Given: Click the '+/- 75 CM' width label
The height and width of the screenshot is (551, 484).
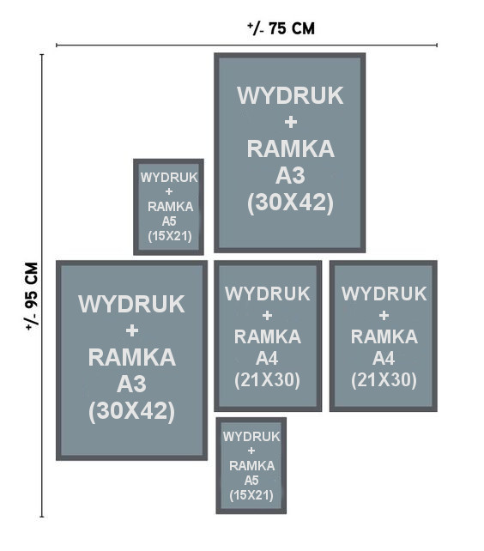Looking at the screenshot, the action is (x=281, y=28).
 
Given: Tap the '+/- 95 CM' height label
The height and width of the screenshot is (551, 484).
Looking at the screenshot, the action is (x=32, y=296).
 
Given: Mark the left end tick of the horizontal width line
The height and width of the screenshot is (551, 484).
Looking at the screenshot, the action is (x=57, y=45).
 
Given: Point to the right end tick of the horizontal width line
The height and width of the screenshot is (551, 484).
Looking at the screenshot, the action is (x=437, y=45).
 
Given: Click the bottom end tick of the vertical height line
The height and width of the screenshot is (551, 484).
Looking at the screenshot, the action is (x=42, y=517).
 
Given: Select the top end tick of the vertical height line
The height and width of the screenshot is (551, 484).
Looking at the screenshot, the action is (x=42, y=55).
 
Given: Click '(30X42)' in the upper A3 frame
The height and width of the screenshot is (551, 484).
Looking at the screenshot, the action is (x=290, y=203).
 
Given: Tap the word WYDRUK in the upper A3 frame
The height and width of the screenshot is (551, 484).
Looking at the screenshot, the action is (x=290, y=95).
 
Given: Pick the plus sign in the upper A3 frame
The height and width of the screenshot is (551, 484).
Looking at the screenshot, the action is (x=291, y=122).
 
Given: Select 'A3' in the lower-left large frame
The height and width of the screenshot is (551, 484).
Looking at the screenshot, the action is (x=131, y=384).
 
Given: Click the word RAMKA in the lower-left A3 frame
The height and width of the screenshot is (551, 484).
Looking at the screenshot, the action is (x=132, y=357).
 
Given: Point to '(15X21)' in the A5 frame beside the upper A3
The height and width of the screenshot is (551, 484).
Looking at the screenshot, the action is (x=170, y=236).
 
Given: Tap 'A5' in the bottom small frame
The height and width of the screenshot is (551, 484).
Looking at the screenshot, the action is (x=251, y=480).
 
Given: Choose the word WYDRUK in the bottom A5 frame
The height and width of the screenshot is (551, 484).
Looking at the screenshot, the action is (x=251, y=437).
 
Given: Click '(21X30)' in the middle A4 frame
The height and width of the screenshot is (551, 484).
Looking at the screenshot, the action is (x=267, y=380).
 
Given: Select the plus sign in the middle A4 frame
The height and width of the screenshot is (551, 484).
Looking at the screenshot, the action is (x=267, y=315).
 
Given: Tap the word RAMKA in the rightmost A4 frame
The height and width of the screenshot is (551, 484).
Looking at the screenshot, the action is (x=384, y=336).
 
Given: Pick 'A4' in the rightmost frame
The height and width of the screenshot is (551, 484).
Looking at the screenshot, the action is (x=384, y=358).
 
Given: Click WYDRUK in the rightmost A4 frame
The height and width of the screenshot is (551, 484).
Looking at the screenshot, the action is (x=384, y=294).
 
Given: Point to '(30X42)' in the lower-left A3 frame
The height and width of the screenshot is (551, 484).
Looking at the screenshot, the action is (x=132, y=411).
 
